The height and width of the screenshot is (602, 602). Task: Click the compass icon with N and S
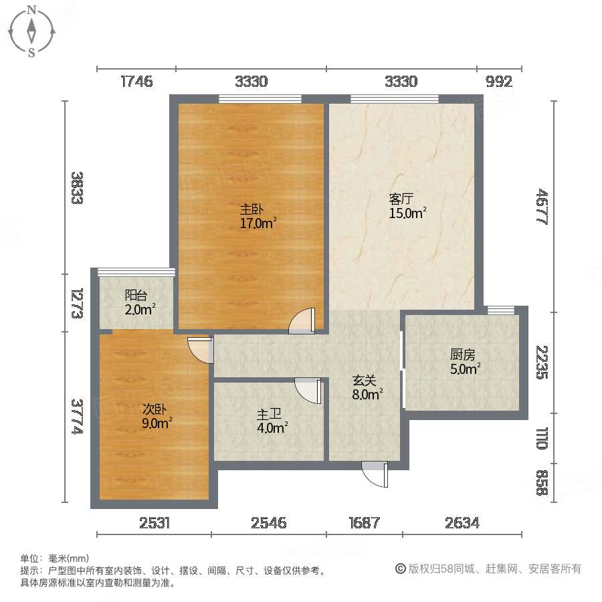pyautogui.click(x=31, y=31)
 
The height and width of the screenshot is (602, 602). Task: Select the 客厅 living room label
pyautogui.click(x=401, y=199)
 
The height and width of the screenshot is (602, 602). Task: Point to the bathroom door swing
pyautogui.click(x=308, y=390)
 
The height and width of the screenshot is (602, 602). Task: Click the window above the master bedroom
pyautogui.click(x=260, y=100)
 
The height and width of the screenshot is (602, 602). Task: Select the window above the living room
pyautogui.click(x=395, y=100)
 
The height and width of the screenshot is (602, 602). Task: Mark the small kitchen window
pyautogui.click(x=500, y=309)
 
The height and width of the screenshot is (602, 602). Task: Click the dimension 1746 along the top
pyautogui.click(x=136, y=82)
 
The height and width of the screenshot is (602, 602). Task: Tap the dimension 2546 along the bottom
pyautogui.click(x=269, y=523)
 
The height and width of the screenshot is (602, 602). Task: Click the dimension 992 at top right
pyautogui.click(x=499, y=82)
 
